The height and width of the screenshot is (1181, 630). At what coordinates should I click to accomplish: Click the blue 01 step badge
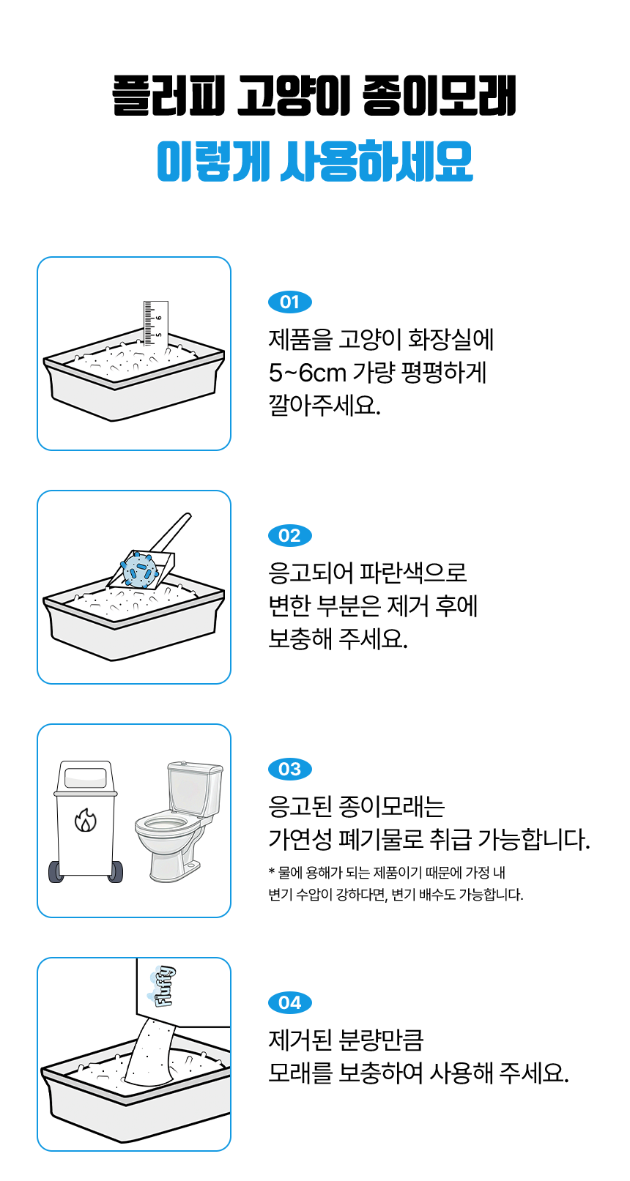(x=289, y=302)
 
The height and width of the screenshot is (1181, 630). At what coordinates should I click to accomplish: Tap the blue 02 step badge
(x=289, y=536)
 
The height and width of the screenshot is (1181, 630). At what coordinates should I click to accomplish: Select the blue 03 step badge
(x=289, y=770)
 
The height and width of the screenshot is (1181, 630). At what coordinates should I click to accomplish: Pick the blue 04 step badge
(x=289, y=1003)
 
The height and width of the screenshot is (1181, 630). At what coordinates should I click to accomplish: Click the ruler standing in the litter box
(x=155, y=323)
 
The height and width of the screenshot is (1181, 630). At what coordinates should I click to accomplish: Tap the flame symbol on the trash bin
(x=86, y=821)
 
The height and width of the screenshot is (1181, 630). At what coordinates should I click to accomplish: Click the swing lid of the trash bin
(x=86, y=777)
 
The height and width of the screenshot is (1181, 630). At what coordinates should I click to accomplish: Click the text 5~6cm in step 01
(x=307, y=373)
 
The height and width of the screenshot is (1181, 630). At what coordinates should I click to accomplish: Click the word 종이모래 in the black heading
(x=439, y=96)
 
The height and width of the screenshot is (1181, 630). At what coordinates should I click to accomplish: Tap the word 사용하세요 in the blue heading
(x=377, y=161)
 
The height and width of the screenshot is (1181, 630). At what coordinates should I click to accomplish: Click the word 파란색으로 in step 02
(x=413, y=573)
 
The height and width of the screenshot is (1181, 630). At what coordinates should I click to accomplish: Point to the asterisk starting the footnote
(x=272, y=873)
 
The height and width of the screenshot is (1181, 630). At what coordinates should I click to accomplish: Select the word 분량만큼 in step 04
(x=380, y=1040)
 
